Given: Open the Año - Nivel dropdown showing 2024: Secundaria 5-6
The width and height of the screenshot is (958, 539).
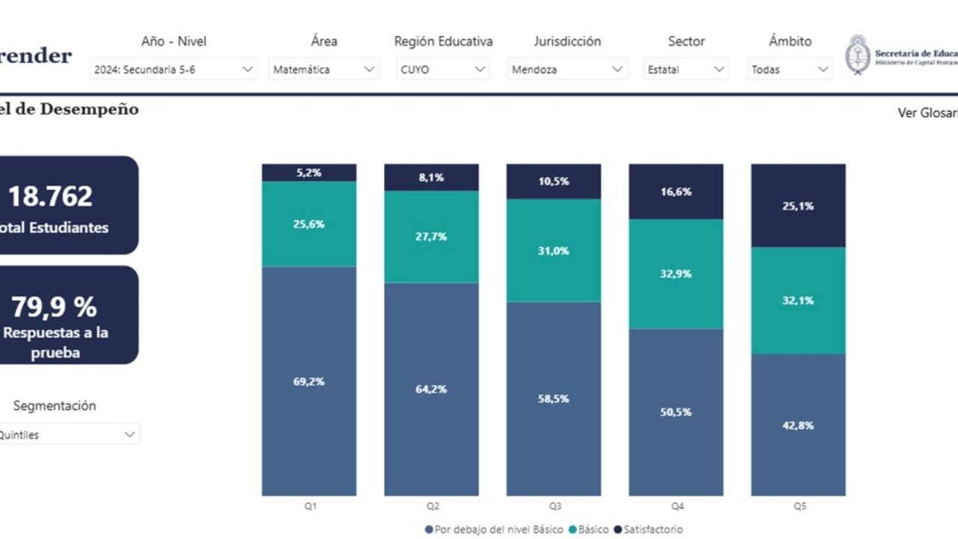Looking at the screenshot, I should [x=174, y=70].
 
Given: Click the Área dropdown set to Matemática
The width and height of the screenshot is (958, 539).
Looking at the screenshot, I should [x=323, y=70].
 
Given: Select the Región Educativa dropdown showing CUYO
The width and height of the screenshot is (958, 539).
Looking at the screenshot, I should [x=443, y=70].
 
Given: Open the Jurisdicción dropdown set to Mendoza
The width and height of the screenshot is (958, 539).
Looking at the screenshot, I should [x=567, y=70].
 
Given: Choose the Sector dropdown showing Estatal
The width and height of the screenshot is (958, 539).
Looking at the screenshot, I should [x=686, y=70].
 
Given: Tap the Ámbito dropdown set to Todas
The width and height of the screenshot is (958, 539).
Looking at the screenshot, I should [x=790, y=70].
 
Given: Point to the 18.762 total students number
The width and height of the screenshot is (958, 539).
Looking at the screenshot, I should [x=50, y=196].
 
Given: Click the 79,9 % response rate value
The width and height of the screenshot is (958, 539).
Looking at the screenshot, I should [x=54, y=306].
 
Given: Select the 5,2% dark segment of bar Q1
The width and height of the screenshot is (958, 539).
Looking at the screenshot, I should [x=309, y=173].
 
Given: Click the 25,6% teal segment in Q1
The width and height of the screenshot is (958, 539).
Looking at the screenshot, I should [x=309, y=224].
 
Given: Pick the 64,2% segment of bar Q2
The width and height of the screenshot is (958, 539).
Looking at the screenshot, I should [x=431, y=389].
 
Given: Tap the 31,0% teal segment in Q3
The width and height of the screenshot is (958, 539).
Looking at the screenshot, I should [x=553, y=251].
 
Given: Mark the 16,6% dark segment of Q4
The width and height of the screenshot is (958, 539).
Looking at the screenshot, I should [x=676, y=192].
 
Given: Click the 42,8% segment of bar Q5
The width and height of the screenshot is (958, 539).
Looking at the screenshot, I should [x=798, y=424].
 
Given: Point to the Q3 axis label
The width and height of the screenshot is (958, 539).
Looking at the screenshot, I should [x=555, y=506].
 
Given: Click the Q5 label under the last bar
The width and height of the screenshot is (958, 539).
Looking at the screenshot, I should [x=799, y=506].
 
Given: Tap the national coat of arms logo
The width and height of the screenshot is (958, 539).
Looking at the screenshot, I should [x=858, y=55].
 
